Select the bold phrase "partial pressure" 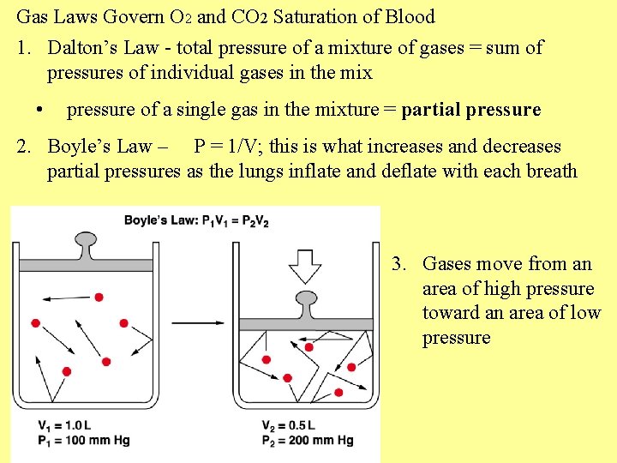pyautogui.click(x=470, y=110)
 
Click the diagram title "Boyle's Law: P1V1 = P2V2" pyautogui.click(x=196, y=220)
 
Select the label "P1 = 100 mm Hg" pyautogui.click(x=83, y=440)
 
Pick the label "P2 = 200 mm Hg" pyautogui.click(x=308, y=440)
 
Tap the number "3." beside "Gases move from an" pyautogui.click(x=399, y=264)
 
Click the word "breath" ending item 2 pyautogui.click(x=550, y=171)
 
